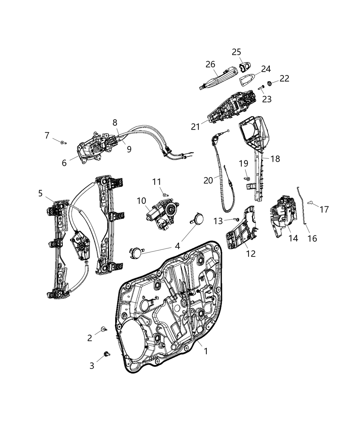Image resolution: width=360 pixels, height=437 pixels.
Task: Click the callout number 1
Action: [x=206, y=351]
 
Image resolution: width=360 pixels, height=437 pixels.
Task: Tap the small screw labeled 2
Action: [x=103, y=329]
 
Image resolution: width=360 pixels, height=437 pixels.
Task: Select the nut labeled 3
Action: [x=106, y=353]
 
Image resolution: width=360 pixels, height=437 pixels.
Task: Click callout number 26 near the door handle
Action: [x=210, y=64]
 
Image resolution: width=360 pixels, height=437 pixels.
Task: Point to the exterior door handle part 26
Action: [x=219, y=77]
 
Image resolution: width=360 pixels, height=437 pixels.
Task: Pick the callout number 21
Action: [x=195, y=126]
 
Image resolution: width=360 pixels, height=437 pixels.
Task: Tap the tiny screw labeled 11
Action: [x=165, y=195]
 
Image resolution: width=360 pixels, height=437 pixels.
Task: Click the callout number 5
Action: [x=40, y=193]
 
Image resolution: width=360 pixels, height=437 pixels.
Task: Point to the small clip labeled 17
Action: [x=311, y=203]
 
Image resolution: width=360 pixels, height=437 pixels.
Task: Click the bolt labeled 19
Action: [x=247, y=178]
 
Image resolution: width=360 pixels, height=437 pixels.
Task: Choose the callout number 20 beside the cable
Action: [x=208, y=180]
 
